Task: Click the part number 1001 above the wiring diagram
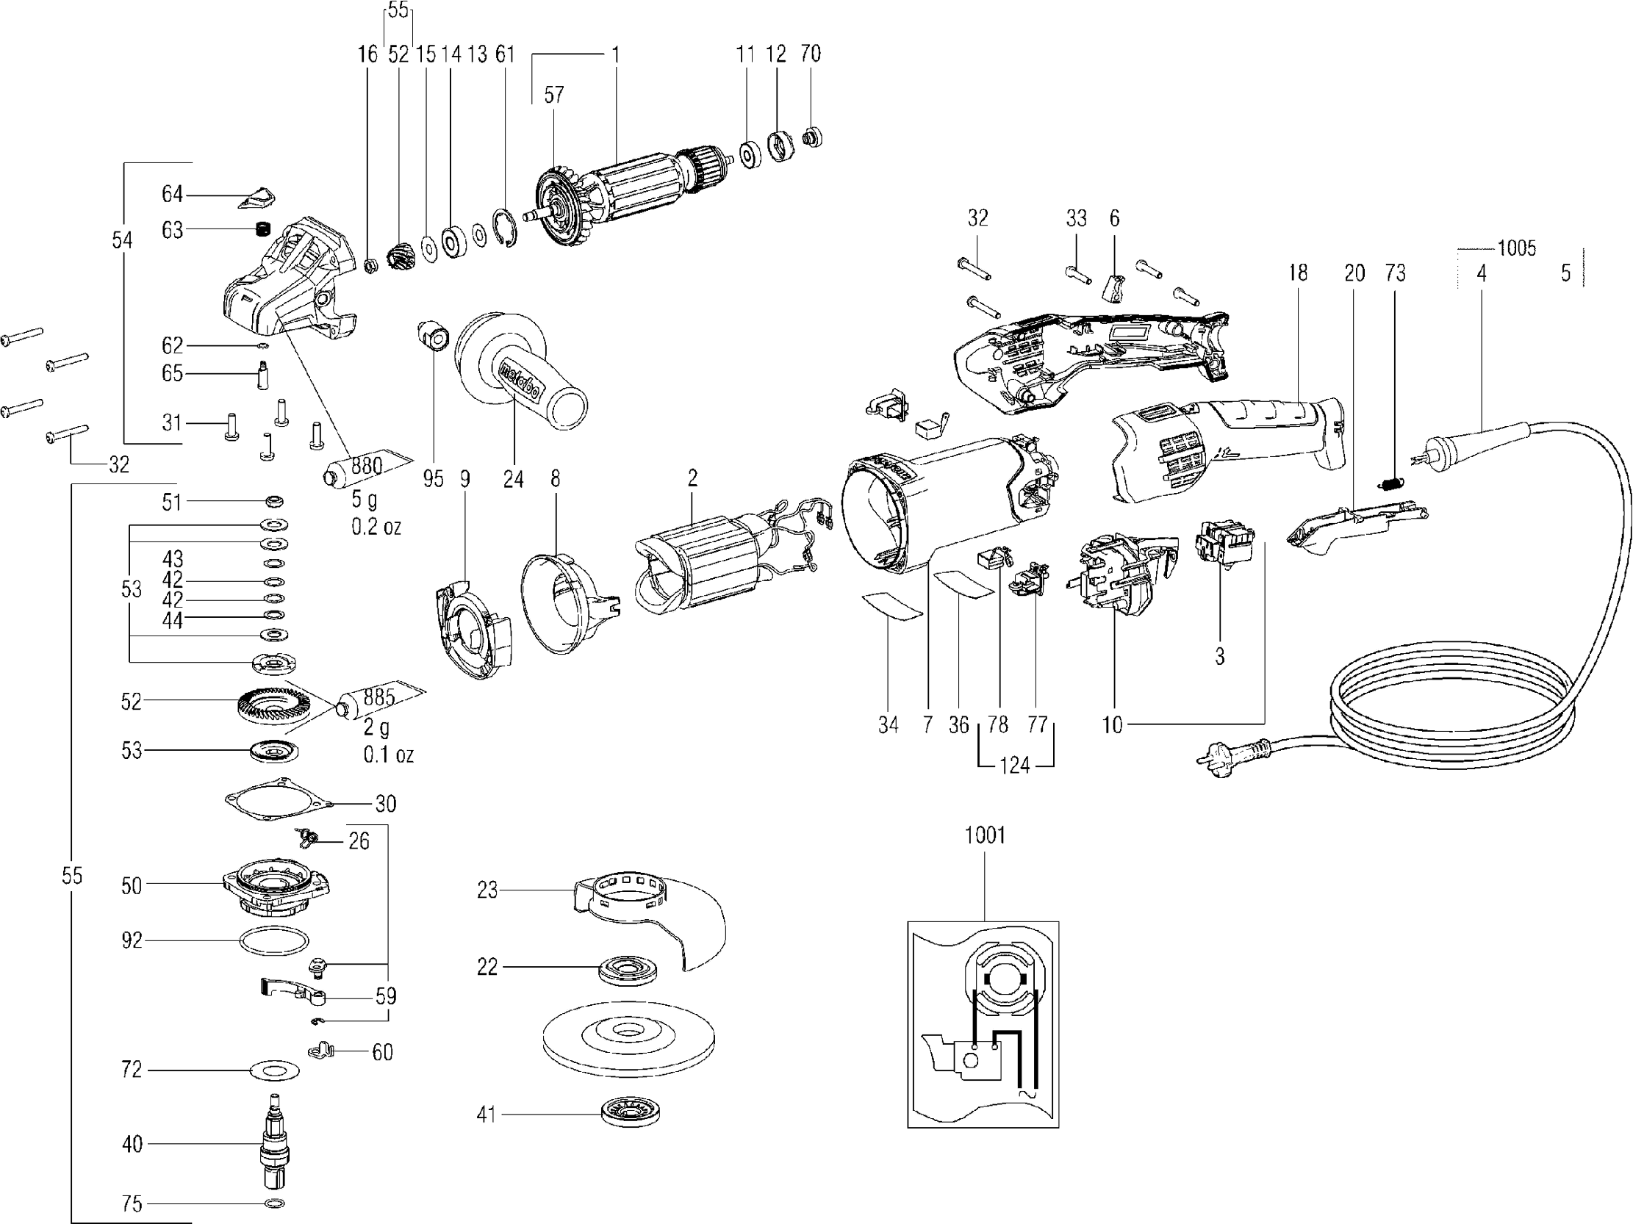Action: coord(985,835)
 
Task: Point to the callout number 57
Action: coord(553,95)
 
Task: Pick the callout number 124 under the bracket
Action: coord(1014,765)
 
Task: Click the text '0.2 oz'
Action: coord(376,527)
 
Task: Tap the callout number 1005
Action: coord(1516,248)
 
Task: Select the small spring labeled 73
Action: coord(1393,484)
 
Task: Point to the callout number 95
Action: coord(434,479)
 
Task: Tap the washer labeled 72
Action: coord(275,1070)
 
